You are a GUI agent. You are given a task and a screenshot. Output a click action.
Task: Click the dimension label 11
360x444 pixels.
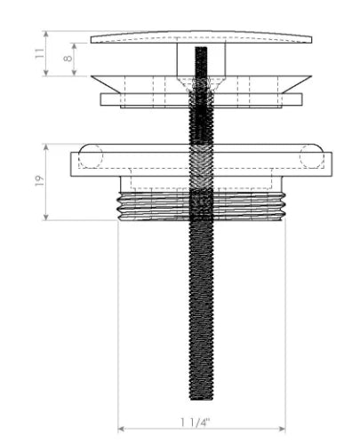pyautogui.click(x=39, y=53)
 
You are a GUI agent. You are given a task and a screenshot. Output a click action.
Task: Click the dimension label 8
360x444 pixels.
pyautogui.click(x=68, y=58)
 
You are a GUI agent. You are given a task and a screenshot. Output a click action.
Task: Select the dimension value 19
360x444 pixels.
pyautogui.click(x=39, y=180)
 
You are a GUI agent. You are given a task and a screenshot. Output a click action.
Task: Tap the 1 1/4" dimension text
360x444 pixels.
pyautogui.click(x=196, y=422)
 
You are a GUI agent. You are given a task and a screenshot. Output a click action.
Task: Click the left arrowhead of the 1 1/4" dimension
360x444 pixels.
pyautogui.click(x=121, y=429)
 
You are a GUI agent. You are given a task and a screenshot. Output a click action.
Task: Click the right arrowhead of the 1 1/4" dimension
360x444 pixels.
pyautogui.click(x=283, y=429)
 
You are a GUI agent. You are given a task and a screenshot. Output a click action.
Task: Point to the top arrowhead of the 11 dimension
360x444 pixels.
pyautogui.click(x=45, y=34)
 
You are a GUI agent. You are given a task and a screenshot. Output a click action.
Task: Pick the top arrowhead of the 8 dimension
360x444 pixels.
pyautogui.click(x=75, y=46)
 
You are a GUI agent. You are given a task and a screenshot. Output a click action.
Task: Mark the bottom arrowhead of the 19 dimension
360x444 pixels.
pyautogui.click(x=45, y=218)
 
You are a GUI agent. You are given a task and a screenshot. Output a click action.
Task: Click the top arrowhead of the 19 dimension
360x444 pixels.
pyautogui.click(x=45, y=147)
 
